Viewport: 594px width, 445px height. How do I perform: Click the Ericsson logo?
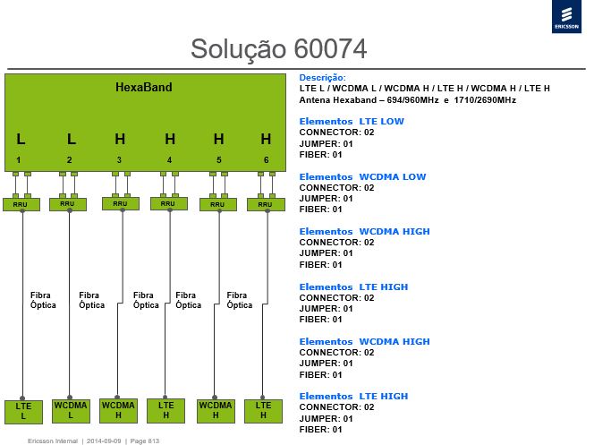(566, 16)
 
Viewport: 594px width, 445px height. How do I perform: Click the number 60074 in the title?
(330, 48)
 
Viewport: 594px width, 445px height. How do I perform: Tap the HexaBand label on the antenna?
(143, 87)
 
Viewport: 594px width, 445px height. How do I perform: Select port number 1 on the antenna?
(18, 160)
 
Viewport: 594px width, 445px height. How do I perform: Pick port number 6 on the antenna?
(267, 160)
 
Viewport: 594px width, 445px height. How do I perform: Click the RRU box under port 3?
(121, 203)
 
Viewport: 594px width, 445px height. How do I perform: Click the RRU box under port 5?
(217, 204)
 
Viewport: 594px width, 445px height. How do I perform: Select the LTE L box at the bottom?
(23, 412)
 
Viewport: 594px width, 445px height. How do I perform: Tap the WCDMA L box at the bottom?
(71, 410)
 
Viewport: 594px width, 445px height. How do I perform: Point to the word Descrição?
(322, 78)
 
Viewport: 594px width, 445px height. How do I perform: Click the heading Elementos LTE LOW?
(352, 121)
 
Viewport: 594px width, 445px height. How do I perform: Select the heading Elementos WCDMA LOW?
(362, 176)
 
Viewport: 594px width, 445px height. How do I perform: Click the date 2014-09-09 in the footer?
(104, 441)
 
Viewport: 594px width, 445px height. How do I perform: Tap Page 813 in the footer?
(145, 441)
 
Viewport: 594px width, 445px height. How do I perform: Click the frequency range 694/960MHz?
(412, 100)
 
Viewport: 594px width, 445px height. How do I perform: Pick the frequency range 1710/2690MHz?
(485, 100)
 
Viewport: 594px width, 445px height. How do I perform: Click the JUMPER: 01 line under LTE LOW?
(326, 143)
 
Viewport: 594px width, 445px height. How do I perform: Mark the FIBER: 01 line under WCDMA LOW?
(320, 210)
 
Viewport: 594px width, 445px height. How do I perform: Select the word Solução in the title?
(238, 49)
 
